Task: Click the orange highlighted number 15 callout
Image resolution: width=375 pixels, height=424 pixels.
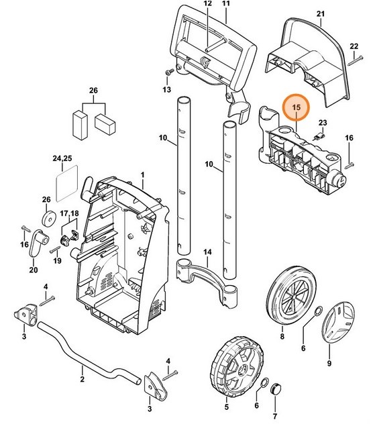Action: click(296, 107)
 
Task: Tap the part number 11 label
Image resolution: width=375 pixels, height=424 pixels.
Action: click(226, 4)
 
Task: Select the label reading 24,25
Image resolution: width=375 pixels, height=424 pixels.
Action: click(61, 159)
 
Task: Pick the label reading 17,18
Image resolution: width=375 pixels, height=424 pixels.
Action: click(70, 213)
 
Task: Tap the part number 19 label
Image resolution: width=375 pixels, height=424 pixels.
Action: click(57, 260)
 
